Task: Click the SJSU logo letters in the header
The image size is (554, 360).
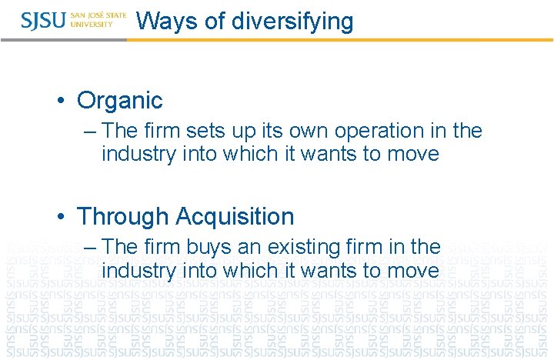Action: point(44,20)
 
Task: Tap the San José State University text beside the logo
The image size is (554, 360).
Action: point(98,20)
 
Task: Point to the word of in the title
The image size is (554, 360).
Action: point(215,21)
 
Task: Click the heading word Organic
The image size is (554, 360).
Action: point(120,100)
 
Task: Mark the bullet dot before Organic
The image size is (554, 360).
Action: point(62,101)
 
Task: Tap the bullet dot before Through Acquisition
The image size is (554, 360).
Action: point(62,217)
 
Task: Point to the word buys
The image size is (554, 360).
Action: point(211,247)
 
